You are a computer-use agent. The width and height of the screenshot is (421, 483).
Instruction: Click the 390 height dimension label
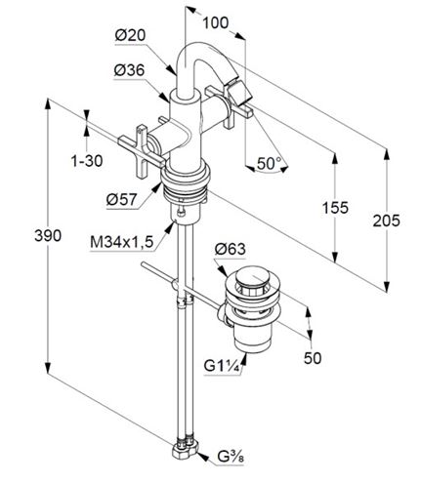[48, 236]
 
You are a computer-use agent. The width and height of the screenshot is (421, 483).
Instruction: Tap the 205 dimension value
[386, 221]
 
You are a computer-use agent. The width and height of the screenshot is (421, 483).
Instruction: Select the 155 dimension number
[335, 208]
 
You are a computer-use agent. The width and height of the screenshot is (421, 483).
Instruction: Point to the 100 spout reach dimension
[216, 22]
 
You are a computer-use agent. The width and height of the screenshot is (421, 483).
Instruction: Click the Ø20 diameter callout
[130, 35]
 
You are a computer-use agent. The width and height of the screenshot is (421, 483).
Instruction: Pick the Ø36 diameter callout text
[129, 70]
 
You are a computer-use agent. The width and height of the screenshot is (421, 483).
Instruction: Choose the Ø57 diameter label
[122, 199]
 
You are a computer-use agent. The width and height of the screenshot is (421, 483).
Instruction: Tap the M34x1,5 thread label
[122, 242]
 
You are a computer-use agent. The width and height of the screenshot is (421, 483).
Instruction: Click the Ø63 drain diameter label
[231, 250]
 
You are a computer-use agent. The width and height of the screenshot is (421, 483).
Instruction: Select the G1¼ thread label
[223, 366]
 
